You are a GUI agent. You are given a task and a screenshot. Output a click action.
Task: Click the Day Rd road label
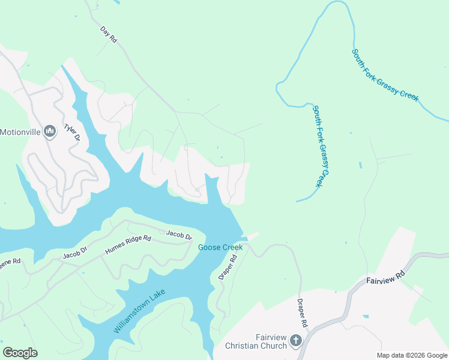point(109,34)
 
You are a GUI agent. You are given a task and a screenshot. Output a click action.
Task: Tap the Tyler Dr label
point(72,133)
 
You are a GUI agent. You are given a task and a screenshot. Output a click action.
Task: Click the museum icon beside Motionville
point(50,131)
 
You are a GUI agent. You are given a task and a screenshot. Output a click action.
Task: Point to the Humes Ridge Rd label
point(128,245)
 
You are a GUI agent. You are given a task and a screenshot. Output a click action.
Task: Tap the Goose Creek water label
point(220,247)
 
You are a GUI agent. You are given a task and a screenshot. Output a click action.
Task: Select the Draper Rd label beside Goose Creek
point(229,266)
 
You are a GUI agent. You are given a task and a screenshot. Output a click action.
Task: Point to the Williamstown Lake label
point(139,311)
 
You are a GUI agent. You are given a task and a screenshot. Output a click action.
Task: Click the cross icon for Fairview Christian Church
point(295,341)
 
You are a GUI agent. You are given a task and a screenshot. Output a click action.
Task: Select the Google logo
point(20,353)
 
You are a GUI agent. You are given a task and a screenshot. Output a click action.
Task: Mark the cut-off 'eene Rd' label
point(10,262)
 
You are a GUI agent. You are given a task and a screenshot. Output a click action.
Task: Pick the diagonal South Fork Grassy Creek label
point(385,75)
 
